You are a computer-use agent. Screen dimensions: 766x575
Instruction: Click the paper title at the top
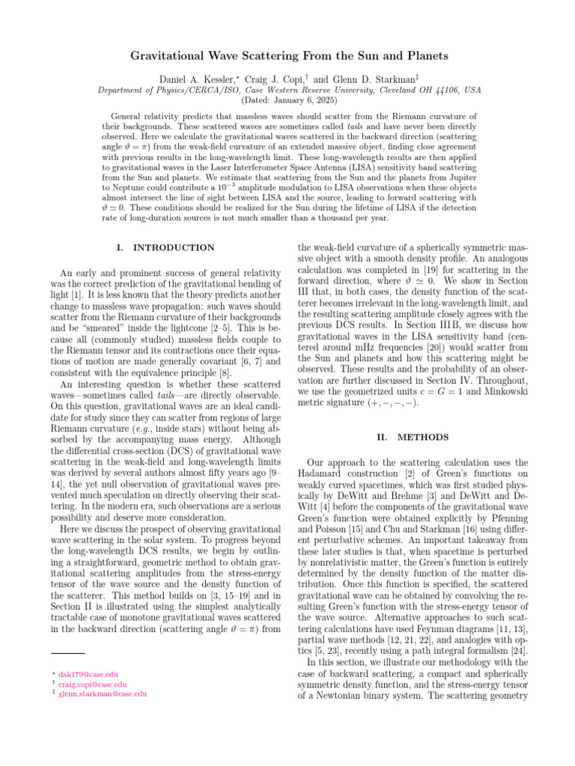[287, 55]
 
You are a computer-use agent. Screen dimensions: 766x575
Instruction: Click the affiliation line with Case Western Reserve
[287, 89]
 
